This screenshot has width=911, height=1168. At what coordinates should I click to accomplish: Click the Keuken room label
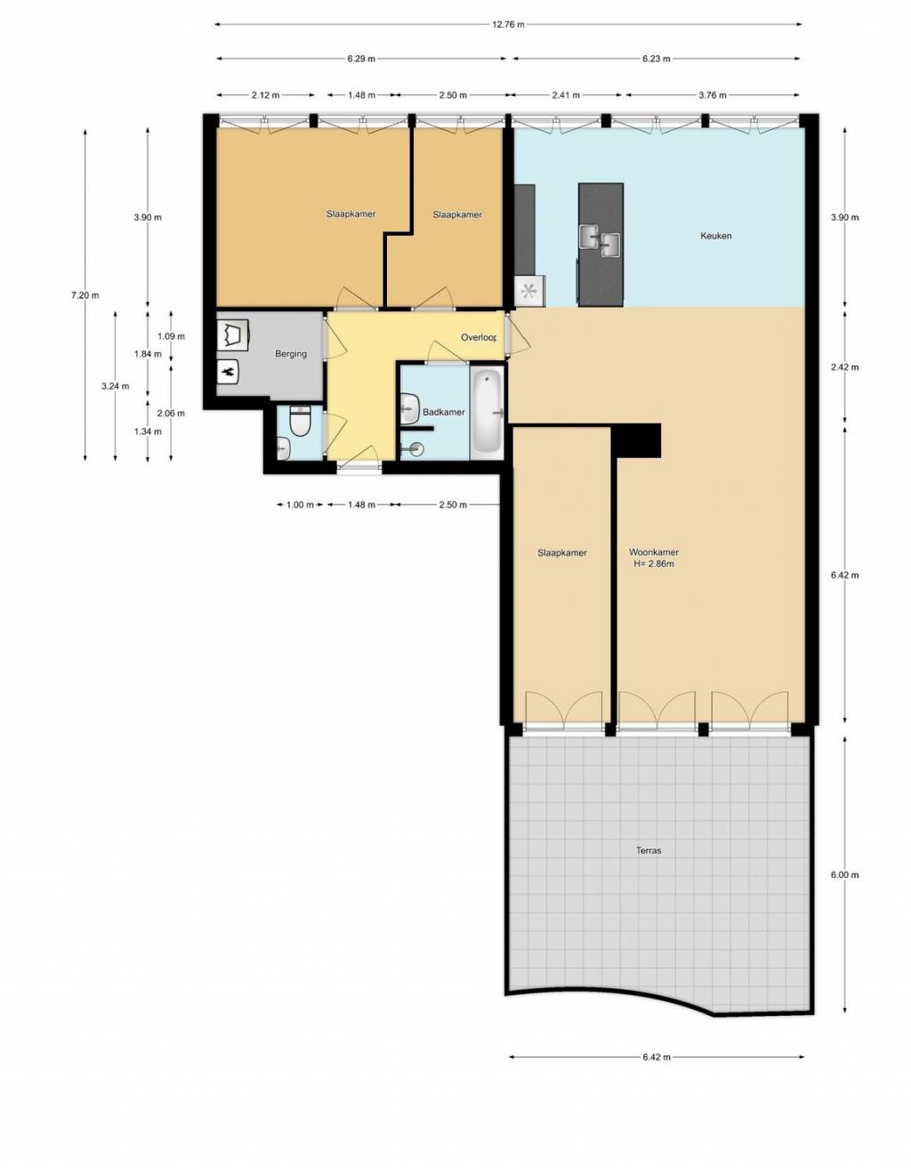pyautogui.click(x=715, y=236)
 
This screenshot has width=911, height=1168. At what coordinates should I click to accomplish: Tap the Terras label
pyautogui.click(x=649, y=850)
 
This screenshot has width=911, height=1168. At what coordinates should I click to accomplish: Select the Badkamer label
pyautogui.click(x=443, y=412)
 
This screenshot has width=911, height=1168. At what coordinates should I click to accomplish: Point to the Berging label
pyautogui.click(x=291, y=354)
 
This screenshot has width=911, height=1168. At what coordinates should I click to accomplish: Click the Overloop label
pyautogui.click(x=479, y=337)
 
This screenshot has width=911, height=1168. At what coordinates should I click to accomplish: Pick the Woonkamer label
pyautogui.click(x=654, y=552)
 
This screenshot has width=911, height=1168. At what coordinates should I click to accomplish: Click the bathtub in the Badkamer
pyautogui.click(x=487, y=412)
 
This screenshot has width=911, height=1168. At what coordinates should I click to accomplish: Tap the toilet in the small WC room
pyautogui.click(x=300, y=421)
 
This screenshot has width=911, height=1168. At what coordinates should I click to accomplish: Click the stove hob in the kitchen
pyautogui.click(x=529, y=292)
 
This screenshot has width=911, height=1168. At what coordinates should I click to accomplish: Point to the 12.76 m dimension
pyautogui.click(x=508, y=24)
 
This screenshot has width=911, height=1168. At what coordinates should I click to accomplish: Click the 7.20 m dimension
pyautogui.click(x=85, y=294)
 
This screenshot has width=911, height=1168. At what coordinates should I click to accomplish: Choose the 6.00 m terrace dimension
pyautogui.click(x=845, y=874)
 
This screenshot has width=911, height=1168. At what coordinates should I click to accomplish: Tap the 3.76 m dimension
pyautogui.click(x=712, y=95)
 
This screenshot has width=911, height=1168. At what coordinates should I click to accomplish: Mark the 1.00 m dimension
pyautogui.click(x=300, y=504)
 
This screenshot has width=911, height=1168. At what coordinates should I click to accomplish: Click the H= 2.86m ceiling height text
pyautogui.click(x=654, y=564)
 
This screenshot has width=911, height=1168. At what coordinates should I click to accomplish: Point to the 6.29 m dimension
pyautogui.click(x=360, y=59)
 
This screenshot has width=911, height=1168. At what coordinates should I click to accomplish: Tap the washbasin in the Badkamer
pyautogui.click(x=410, y=408)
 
